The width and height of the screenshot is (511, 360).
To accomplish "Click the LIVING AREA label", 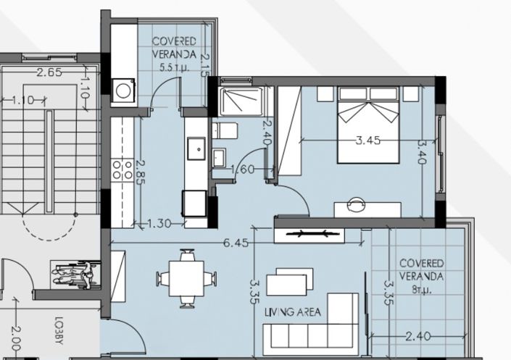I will [x=293, y=312].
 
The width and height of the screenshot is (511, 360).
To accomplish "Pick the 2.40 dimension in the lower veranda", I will [x=420, y=336].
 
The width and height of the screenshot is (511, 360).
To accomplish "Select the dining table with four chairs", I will [x=187, y=278].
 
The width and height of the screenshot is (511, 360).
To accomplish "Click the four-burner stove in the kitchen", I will [x=122, y=171].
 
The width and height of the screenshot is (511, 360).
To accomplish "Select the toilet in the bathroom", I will [x=225, y=130].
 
